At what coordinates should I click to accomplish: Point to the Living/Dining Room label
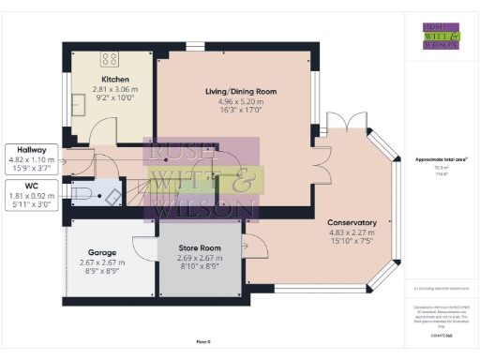point(241,91)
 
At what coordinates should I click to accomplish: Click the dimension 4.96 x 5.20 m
point(241,100)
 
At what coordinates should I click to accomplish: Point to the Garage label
point(102,253)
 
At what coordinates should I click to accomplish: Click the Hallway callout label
point(30,149)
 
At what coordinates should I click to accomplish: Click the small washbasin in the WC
point(112,195)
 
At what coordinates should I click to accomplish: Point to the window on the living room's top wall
point(195,46)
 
